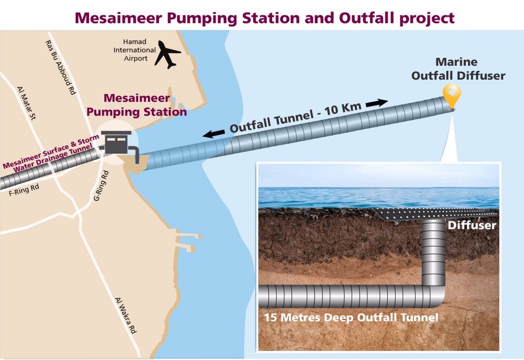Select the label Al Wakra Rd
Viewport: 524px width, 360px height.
(x=126, y=316)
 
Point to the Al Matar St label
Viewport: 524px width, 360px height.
(x=27, y=103)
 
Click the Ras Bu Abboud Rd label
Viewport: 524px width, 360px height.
(x=61, y=67)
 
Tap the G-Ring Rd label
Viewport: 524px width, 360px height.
(x=101, y=186)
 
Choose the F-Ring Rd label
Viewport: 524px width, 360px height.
(x=24, y=190)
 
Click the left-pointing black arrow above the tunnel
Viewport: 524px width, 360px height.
(x=213, y=133)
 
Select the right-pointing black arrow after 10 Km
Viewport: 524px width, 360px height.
(x=377, y=103)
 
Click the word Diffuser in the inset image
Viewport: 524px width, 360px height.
(x=472, y=225)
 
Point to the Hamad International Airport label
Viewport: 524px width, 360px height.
(x=135, y=50)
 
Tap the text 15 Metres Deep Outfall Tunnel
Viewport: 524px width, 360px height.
(x=351, y=317)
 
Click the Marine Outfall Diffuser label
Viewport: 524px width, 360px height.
(x=458, y=69)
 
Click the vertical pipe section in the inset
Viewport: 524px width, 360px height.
(x=433, y=253)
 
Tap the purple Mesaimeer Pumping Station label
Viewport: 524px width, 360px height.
(x=136, y=105)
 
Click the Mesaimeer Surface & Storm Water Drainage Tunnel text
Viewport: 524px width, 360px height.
(x=51, y=152)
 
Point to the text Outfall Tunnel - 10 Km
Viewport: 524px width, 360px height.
(x=295, y=118)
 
